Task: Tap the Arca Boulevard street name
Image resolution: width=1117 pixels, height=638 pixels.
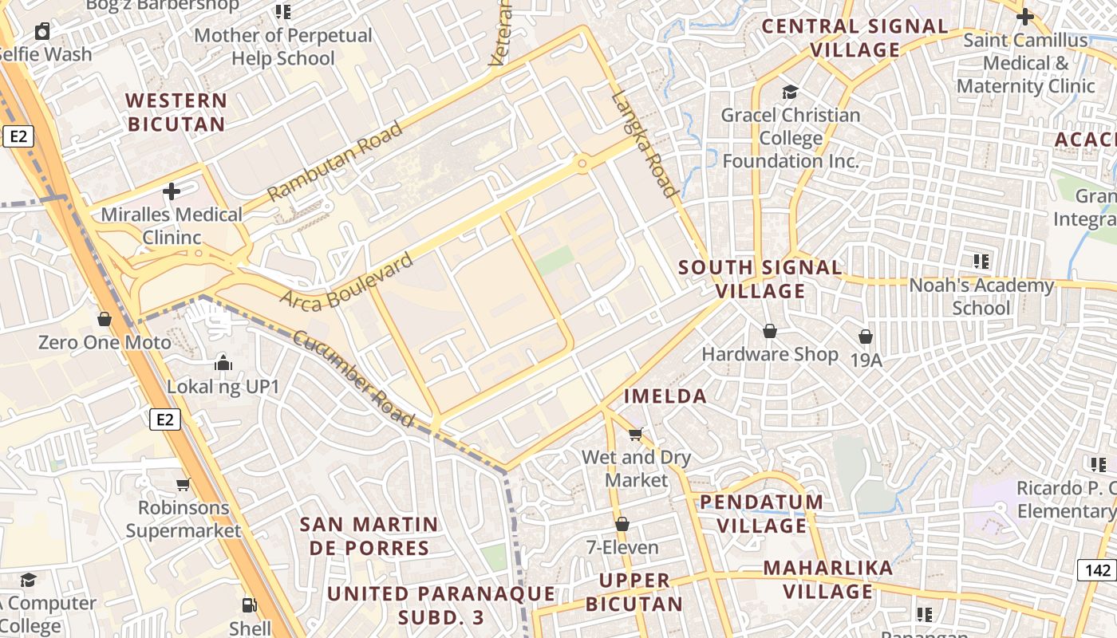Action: pos(347,279)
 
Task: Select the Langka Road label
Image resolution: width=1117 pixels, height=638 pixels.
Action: pos(645,144)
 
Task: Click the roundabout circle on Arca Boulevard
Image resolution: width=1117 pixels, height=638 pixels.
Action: pos(582,164)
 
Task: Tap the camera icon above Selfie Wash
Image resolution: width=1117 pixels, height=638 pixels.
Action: pos(42,32)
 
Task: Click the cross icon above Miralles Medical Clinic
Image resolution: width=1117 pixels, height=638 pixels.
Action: pos(171,191)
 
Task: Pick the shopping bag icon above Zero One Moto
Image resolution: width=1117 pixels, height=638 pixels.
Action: pos(104,320)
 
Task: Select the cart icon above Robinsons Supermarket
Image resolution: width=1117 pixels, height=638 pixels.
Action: pos(183,484)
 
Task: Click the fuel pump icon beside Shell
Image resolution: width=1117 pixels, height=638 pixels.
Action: pos(250,605)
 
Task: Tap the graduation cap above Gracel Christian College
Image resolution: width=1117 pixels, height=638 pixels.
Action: pos(790,93)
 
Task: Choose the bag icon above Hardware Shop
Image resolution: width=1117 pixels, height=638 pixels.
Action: pos(770,331)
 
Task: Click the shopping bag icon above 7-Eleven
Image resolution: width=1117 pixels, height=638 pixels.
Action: pos(622,524)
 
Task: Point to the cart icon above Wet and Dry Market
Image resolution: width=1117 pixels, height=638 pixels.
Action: pos(635,435)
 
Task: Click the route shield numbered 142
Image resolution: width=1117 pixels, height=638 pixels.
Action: pos(1098,569)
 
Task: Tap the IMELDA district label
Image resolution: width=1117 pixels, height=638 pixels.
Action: pos(665,396)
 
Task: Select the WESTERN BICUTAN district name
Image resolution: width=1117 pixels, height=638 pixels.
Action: pos(176,112)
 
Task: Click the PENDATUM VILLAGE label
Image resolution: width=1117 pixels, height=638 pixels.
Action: pos(762,514)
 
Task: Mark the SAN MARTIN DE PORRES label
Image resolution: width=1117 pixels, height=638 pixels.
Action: pos(369,536)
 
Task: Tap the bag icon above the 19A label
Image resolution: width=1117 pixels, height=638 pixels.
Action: pos(866,337)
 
